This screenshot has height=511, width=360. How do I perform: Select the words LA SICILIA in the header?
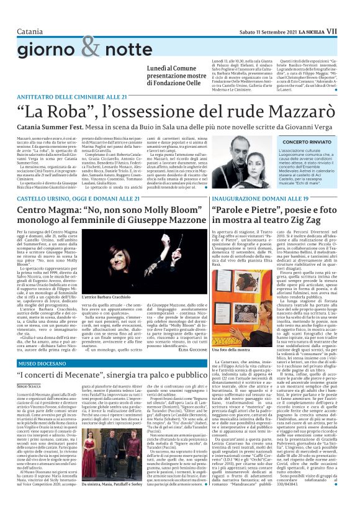323,12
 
